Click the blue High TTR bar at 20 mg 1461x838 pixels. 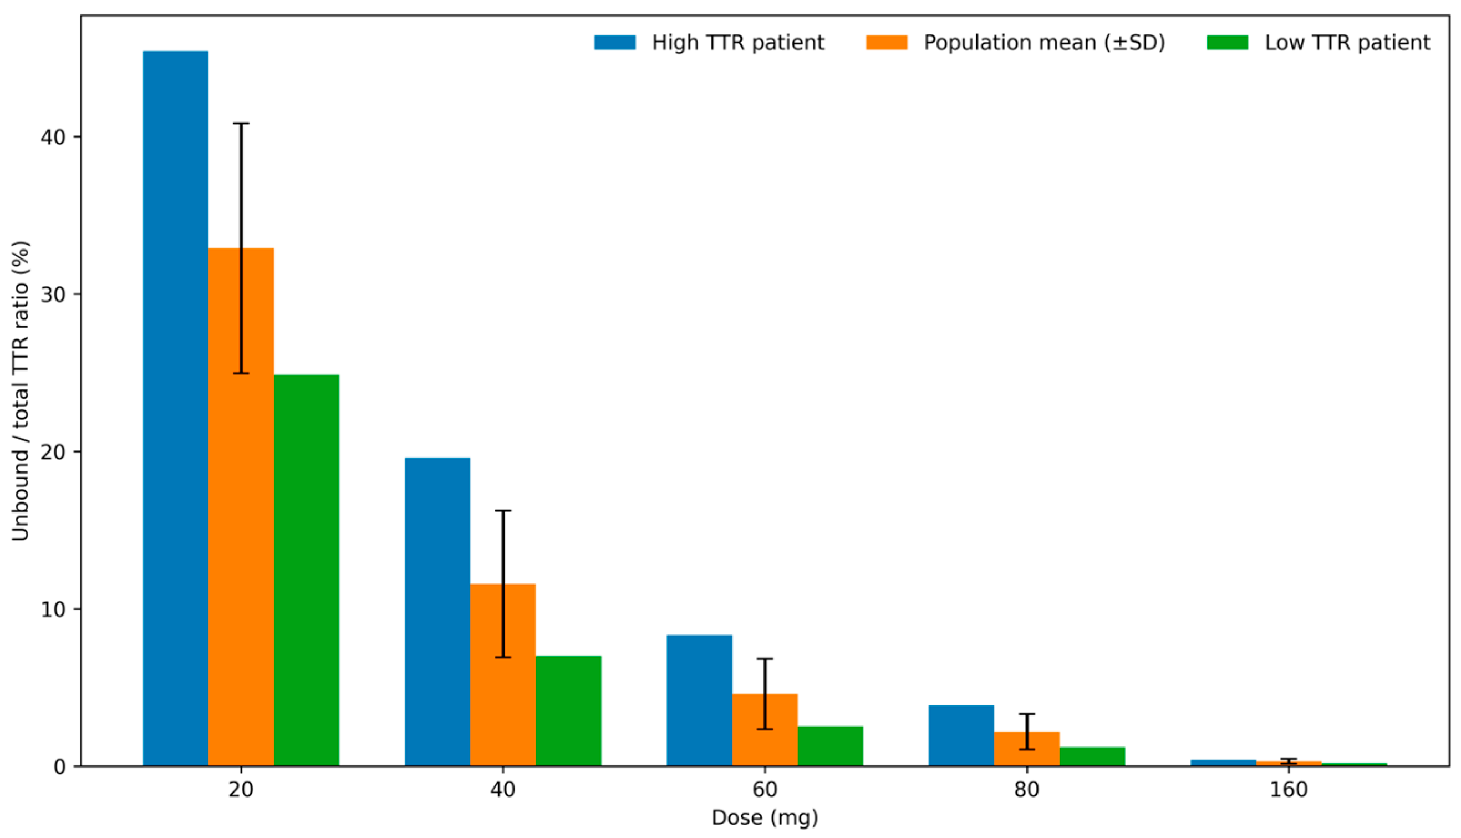coord(176,409)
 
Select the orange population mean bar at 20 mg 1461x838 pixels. coord(225,506)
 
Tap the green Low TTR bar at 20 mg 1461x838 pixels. coord(307,570)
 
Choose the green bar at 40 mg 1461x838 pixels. coord(568,711)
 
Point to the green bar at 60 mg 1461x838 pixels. coord(831,746)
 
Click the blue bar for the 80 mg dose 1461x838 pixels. coord(961,735)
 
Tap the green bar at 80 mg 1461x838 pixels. coord(1092,756)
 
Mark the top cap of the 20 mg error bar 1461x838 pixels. coord(241,123)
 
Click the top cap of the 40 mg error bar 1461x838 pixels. coord(503,511)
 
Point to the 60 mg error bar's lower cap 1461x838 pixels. coord(765,729)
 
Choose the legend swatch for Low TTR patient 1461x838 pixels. coord(1227,43)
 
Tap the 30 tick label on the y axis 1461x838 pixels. coord(52,294)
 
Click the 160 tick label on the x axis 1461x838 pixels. coord(1289,790)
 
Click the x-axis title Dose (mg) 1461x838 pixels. coord(764,818)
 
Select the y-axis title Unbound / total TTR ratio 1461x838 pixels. coord(21,392)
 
